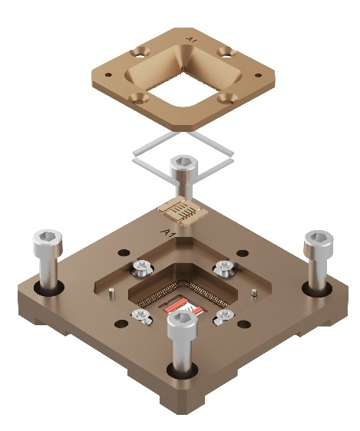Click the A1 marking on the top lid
[x=191, y=40]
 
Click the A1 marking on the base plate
[x=168, y=232]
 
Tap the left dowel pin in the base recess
[x=111, y=293]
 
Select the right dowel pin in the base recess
[x=255, y=292]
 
